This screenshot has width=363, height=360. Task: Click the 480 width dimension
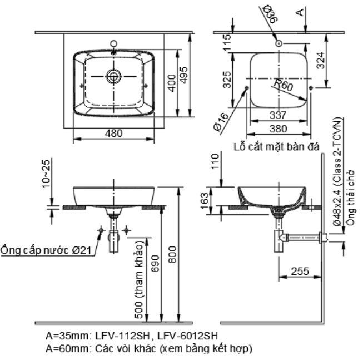[x=114, y=133]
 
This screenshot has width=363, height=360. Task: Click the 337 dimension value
[x=277, y=115]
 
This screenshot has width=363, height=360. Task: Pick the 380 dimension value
[x=277, y=129]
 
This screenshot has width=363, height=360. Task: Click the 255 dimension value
[x=300, y=272]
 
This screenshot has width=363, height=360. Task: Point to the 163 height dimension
[x=204, y=199]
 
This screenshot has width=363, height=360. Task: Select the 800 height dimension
[x=172, y=259]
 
